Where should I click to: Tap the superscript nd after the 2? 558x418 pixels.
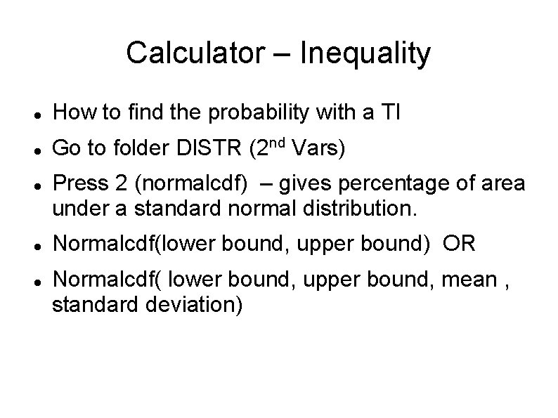coord(278,143)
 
